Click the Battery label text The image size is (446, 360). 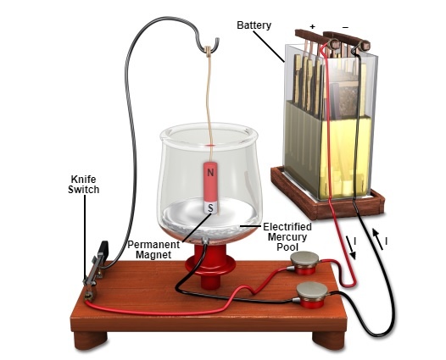[x=254, y=25]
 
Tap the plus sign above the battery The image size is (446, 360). [x=313, y=27]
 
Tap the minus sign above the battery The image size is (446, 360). [x=345, y=27]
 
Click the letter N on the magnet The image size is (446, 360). [x=210, y=173]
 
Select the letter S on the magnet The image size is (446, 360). [x=210, y=208]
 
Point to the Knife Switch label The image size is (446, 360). [x=84, y=185]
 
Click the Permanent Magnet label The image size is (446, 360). [x=153, y=250]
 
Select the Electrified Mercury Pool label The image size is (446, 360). [x=287, y=236]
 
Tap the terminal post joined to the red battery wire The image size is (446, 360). [x=304, y=263]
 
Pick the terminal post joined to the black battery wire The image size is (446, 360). [x=311, y=295]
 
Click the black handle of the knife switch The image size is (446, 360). [x=103, y=248]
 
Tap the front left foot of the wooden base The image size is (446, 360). [x=91, y=341]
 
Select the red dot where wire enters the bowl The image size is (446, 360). [x=211, y=146]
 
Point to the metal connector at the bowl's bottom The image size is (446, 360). [x=205, y=241]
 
